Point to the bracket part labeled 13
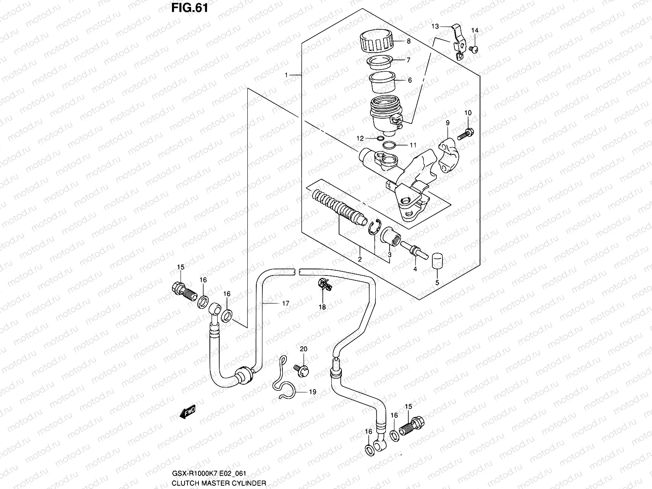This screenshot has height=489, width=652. (x=459, y=41)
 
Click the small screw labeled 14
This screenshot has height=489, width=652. (x=474, y=49)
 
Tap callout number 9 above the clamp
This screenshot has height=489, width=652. (x=447, y=123)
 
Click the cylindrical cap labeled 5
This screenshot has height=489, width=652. (x=437, y=261)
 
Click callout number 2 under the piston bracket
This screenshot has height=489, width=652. (x=360, y=260)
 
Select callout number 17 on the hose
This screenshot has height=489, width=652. (x=285, y=304)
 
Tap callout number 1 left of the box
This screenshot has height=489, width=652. (x=286, y=75)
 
